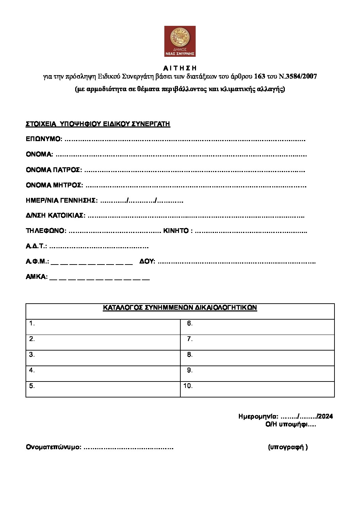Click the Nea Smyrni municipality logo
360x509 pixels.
180,41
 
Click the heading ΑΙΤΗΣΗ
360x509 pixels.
180,68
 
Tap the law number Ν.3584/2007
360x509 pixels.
298,77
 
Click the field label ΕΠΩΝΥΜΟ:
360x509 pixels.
44,139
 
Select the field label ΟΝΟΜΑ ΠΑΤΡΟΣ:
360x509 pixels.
54,170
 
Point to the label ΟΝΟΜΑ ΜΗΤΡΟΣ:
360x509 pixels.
54,185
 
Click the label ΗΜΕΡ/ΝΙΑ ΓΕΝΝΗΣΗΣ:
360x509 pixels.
62,201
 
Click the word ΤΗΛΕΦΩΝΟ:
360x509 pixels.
46,231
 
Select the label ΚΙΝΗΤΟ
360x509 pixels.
176,231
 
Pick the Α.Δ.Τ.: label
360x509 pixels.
36,246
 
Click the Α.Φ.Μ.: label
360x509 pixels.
37,261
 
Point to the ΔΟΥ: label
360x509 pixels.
147,261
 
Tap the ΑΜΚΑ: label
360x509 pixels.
36,277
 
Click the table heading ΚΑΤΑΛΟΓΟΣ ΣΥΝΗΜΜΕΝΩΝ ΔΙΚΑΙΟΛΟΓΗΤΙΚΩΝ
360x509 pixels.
180,308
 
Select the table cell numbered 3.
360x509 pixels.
103,358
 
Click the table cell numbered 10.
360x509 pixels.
257,389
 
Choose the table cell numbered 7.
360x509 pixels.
257,342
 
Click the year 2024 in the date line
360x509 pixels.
325,417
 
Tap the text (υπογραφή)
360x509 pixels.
288,447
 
